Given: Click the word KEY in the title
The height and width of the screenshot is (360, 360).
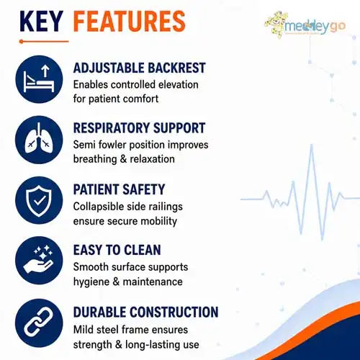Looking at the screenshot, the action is point(42,21).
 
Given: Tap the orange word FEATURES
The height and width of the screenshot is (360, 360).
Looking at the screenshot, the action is point(130,21).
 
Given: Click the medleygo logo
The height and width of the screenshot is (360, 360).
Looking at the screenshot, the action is point(305,24).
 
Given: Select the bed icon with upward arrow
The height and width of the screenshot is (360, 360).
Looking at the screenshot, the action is point(39,79).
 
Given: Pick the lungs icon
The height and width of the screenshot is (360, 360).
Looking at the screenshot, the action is point(39,140).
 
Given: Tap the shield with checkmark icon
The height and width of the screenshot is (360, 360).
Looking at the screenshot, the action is point(39,200).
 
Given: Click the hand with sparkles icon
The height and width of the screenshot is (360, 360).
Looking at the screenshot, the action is point(39,261).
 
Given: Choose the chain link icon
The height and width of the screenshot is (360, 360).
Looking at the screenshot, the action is point(39,323).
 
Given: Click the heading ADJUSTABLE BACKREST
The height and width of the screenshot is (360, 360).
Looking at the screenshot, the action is point(140,68).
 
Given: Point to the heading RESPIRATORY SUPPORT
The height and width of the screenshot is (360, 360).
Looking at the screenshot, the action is point(139,128).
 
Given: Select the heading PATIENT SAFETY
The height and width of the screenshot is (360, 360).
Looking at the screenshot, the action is point(119,189).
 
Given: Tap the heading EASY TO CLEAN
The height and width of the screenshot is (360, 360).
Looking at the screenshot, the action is point(117,250).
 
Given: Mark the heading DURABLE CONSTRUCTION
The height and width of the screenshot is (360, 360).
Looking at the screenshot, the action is point(146,312).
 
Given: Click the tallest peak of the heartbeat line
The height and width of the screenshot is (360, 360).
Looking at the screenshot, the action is point(312,145).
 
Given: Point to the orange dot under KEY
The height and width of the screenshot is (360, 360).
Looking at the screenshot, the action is point(22,42).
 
